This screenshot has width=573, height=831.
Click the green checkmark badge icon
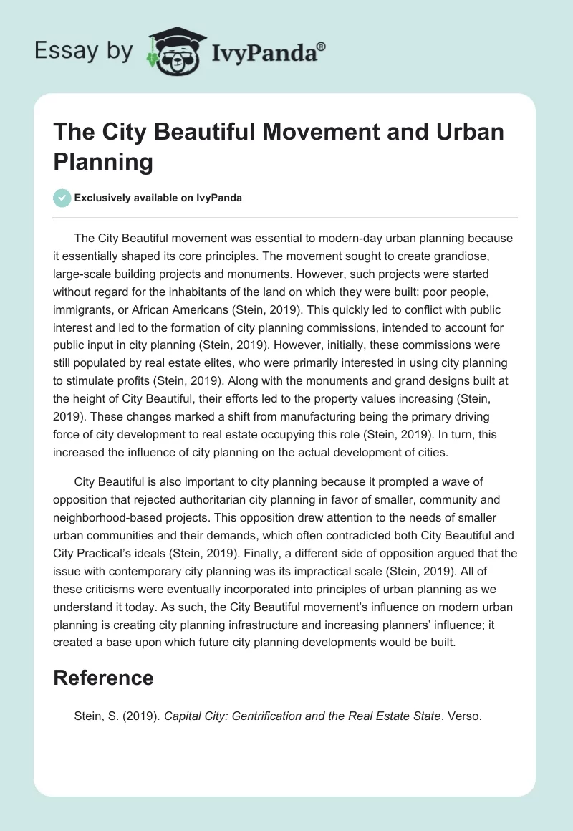[62, 198]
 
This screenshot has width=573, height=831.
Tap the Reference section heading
[103, 678]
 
